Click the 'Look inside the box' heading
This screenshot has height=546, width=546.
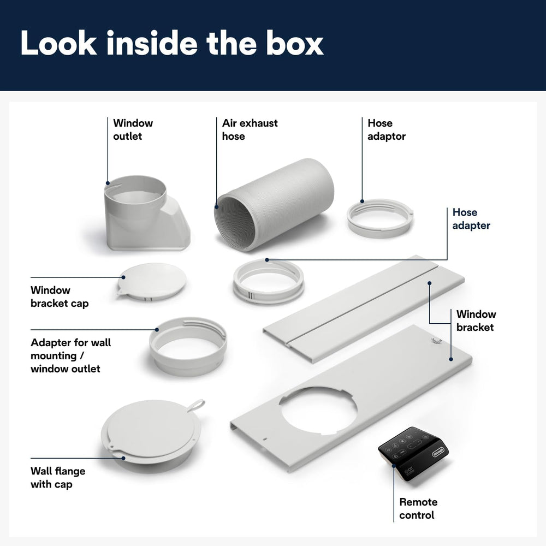172,43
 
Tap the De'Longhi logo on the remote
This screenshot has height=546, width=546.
438,452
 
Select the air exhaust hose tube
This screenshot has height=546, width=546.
274,204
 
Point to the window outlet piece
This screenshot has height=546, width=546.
146,213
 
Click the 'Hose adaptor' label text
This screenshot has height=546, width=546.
387,129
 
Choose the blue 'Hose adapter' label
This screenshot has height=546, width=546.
471,219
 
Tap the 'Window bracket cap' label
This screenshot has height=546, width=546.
60,296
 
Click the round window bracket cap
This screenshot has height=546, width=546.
151,282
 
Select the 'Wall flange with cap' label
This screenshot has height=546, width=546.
58,477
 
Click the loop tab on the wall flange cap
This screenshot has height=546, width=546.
197,405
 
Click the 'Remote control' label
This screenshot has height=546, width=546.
418,508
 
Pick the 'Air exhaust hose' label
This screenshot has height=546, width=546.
250,129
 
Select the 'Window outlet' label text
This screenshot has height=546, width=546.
133,129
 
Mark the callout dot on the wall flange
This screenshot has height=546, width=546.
123,458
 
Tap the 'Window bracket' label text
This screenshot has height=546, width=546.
476,321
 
